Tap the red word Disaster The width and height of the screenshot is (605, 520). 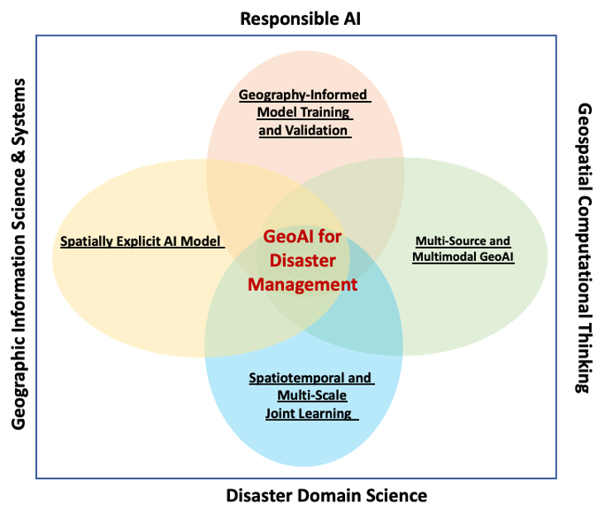tap(302, 261)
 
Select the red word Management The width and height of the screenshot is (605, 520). tap(302, 285)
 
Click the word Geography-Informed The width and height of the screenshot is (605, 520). tap(302, 95)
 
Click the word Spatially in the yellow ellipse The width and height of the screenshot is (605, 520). tap(88, 241)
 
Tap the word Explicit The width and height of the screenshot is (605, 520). tap(143, 241)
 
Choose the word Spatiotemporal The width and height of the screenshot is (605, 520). tap(295, 379)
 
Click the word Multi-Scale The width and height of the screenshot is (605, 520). tap(311, 395)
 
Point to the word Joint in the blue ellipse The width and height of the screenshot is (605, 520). tap(281, 413)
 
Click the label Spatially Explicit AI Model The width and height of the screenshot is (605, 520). tap(140, 241)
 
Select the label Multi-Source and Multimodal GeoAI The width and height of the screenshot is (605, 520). tap(463, 249)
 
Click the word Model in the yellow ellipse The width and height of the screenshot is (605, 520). tap(202, 241)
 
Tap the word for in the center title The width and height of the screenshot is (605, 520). tap(331, 237)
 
